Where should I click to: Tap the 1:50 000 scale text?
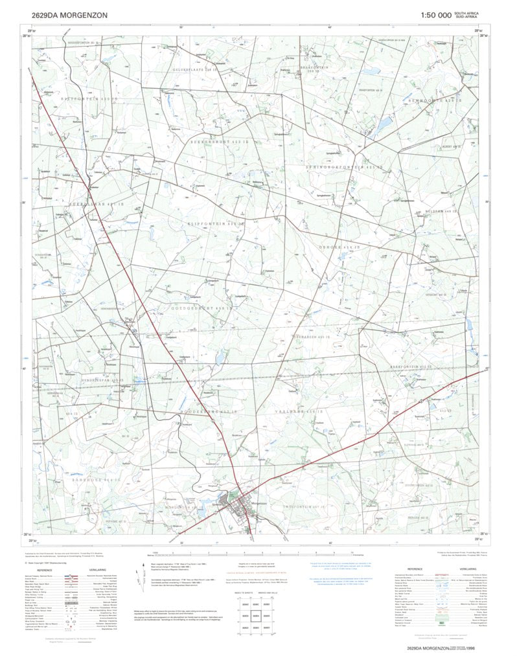click(435, 14)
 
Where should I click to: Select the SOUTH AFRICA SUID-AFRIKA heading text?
click(467, 14)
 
